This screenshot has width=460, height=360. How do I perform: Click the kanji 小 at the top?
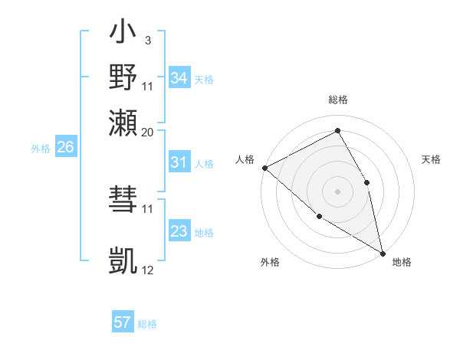point(123,34)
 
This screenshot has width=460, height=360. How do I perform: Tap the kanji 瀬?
point(123,123)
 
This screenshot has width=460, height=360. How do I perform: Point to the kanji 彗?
point(123,201)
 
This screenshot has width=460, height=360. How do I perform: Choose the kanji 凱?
point(123,261)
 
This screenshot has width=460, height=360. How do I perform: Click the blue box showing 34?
point(179,78)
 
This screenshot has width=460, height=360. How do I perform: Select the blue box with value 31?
point(179,162)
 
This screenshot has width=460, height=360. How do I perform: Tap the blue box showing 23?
point(179,231)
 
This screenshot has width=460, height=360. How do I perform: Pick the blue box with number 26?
point(65,148)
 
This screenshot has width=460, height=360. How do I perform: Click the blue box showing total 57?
point(122,322)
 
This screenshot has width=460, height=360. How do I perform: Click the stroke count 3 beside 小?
point(147,39)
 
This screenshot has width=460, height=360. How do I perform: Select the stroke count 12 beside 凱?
point(147,270)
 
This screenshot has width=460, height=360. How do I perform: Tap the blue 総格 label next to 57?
point(147,324)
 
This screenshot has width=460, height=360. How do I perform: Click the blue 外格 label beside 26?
point(40,149)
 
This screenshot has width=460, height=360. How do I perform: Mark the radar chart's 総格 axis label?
point(337,100)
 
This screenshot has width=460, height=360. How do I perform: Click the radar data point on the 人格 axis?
point(264,168)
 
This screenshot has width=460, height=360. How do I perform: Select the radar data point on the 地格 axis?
point(382,252)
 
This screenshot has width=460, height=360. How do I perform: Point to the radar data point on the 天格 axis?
point(367,182)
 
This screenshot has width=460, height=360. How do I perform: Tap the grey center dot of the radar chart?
point(337,191)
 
